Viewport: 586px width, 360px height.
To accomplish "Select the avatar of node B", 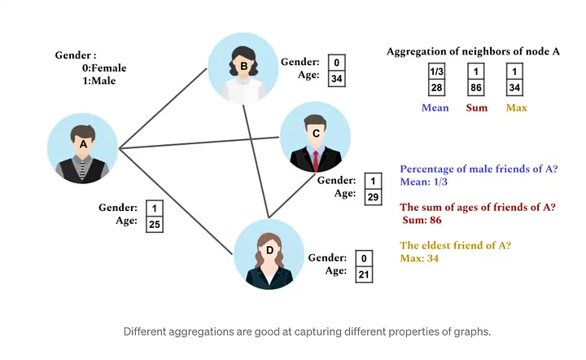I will (x=243, y=68).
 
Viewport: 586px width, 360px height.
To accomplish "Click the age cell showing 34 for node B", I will (x=336, y=78).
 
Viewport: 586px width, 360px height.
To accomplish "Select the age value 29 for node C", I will (x=372, y=196).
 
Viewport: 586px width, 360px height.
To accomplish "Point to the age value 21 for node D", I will (x=364, y=273).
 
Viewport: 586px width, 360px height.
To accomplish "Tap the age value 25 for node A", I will (x=154, y=224).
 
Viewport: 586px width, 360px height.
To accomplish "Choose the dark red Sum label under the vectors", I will (x=476, y=108).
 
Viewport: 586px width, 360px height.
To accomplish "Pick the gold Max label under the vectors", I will (x=517, y=108).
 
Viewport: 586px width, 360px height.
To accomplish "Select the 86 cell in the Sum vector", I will (x=476, y=87).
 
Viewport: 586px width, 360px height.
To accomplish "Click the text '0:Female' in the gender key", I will (x=99, y=68).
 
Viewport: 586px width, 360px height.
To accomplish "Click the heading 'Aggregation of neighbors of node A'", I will (x=473, y=51).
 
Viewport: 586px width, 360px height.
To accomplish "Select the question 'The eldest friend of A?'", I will (x=460, y=245).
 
